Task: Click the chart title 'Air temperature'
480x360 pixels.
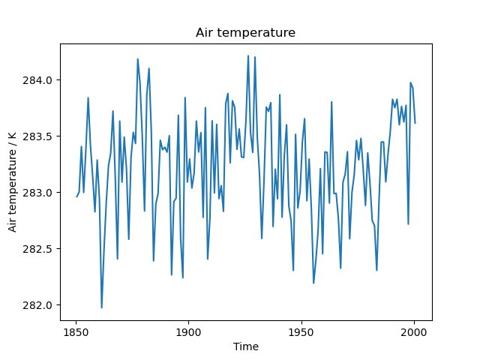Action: [x=245, y=33]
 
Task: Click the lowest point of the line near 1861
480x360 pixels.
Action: [x=101, y=307]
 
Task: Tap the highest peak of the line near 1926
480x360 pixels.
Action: [x=248, y=55]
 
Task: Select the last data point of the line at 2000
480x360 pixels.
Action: [x=415, y=123]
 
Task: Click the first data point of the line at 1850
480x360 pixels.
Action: [x=76, y=196]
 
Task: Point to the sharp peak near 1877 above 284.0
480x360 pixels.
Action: [x=137, y=58]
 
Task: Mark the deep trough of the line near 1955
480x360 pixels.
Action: [x=313, y=283]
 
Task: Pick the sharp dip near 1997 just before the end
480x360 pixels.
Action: [x=408, y=223]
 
